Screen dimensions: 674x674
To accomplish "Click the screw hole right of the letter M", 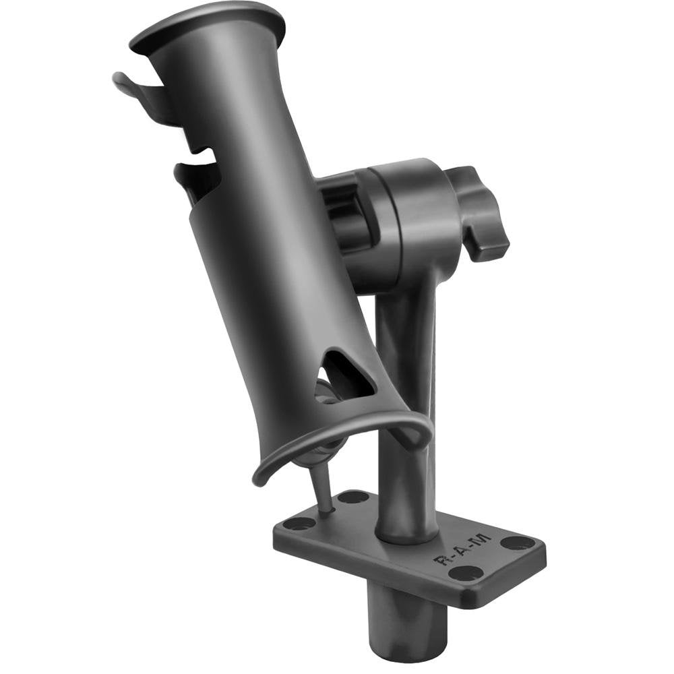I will click(518, 543).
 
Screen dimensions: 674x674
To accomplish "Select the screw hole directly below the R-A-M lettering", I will click(466, 574).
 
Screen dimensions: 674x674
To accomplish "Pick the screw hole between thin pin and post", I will click(353, 498).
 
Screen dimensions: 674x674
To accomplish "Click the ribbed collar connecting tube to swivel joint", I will click(344, 216).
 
